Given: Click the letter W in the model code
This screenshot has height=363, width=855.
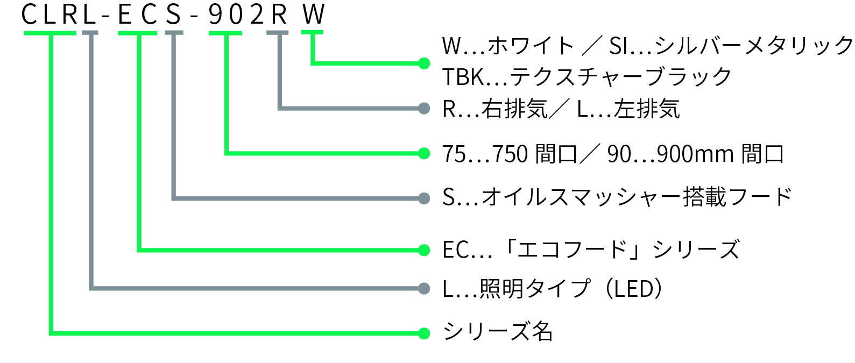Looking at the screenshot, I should [314, 15].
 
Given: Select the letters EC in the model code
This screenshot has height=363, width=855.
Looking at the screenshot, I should [137, 15].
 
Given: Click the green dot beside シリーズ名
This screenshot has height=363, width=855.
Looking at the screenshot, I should [424, 333].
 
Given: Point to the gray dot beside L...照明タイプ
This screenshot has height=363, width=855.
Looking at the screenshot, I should [424, 289].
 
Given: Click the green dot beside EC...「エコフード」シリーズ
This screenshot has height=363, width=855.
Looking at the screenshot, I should [424, 250].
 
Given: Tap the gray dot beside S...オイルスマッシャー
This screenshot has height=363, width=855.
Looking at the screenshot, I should [424, 198].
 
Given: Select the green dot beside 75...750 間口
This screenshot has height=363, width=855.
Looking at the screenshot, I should [424, 154].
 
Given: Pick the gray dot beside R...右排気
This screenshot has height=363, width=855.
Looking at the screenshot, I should [424, 109].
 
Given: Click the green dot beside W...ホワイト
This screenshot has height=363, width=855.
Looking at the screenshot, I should [424, 63].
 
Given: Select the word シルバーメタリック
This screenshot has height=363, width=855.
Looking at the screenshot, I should [753, 46].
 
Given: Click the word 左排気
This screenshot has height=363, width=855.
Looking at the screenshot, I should [647, 109].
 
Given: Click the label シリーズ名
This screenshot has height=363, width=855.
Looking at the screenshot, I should [497, 332].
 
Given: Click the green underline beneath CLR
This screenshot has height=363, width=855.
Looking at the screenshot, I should [50, 33].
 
